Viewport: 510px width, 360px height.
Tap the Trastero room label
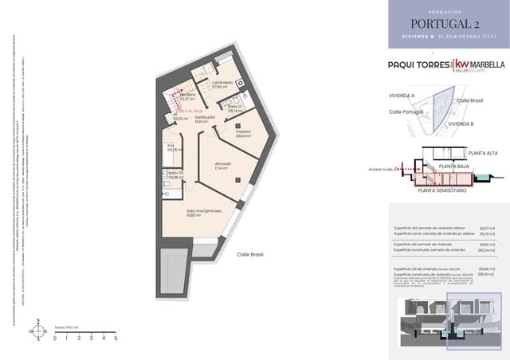[243, 132]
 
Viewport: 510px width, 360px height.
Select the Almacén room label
[222, 165]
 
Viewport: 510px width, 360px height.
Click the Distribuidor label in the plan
[206, 119]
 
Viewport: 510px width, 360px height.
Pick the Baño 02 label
[175, 174]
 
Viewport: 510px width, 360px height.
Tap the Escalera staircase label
[188, 96]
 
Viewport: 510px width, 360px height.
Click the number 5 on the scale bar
[116, 338]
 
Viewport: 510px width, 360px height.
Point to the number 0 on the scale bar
[55, 338]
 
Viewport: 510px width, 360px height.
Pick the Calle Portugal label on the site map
[406, 112]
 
